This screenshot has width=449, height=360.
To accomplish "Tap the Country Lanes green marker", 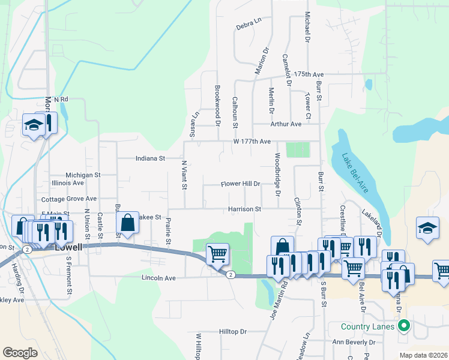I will pyautogui.click(x=404, y=326).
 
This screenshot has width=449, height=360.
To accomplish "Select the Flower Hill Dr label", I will pyautogui.click(x=240, y=184).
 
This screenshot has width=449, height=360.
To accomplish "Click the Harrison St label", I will pyautogui.click(x=244, y=209).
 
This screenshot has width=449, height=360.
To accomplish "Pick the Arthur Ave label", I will pyautogui.click(x=286, y=124).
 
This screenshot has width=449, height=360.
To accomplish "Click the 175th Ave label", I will pyautogui.click(x=309, y=74).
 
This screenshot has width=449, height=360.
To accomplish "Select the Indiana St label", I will pyautogui.click(x=149, y=159).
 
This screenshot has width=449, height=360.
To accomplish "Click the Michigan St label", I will pyautogui.click(x=83, y=175).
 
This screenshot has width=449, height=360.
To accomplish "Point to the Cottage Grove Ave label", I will pyautogui.click(x=69, y=199).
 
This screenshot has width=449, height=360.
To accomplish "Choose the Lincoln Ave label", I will pyautogui.click(x=158, y=278).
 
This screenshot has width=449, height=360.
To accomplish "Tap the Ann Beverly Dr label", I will pyautogui.click(x=354, y=343).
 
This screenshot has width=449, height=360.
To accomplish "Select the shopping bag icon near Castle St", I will pyautogui.click(x=128, y=223).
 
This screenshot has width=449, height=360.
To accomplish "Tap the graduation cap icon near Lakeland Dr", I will pyautogui.click(x=427, y=229).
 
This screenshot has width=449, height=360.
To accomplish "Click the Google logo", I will pyautogui.click(x=20, y=353).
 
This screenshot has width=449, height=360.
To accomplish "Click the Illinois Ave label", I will pyautogui.click(x=68, y=182).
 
